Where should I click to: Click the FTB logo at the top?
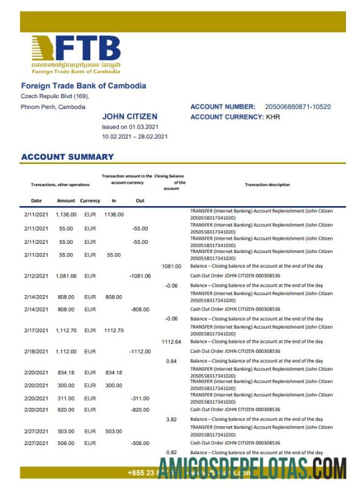[x=76, y=54]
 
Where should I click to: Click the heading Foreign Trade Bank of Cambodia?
[x=84, y=86]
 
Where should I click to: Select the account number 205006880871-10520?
[x=298, y=107]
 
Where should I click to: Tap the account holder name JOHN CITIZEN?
[x=129, y=116]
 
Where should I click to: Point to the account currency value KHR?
[x=273, y=116]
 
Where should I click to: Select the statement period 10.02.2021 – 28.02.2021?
[x=134, y=137]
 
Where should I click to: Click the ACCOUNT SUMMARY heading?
[x=67, y=157]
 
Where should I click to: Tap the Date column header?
[x=37, y=201]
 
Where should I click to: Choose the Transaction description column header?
[x=267, y=185]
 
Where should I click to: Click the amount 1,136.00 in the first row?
[x=65, y=215]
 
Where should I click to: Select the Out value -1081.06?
[x=140, y=276]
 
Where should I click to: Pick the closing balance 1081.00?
[x=171, y=266]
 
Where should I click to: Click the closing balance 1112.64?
[x=171, y=342]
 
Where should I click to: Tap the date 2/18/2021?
[x=36, y=352]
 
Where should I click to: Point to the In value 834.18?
[x=113, y=373]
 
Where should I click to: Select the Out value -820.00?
[x=140, y=410]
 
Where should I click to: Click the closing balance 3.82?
[x=171, y=420]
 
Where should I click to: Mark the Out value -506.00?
[x=140, y=443]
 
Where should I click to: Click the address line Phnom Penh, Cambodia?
[x=53, y=107]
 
